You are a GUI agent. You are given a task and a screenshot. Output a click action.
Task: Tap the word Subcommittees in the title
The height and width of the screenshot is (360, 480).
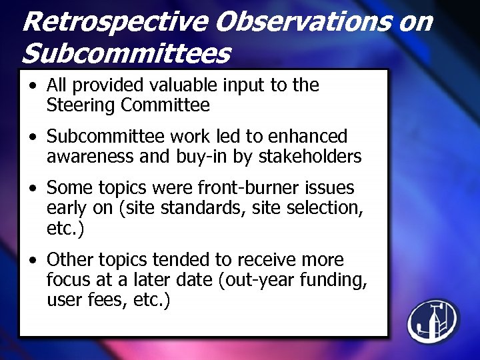(127, 53)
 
